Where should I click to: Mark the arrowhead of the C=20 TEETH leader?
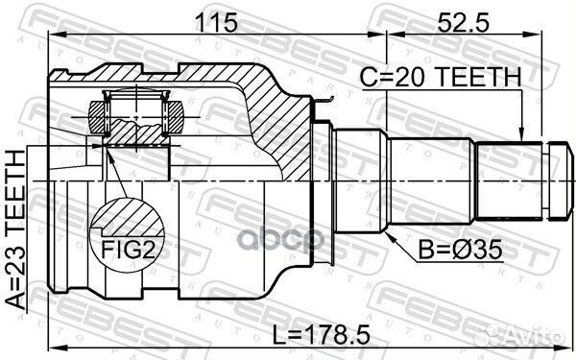(522, 137)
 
